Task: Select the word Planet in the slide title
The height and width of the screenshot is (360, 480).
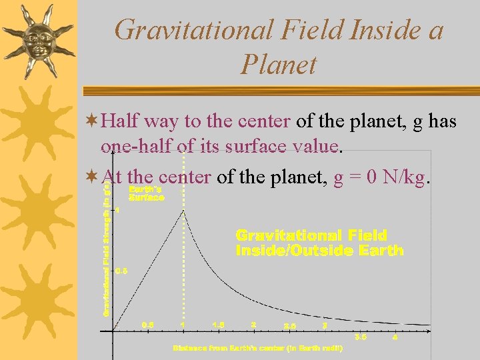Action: click(278, 65)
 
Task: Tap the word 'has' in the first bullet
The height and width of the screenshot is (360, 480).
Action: click(442, 121)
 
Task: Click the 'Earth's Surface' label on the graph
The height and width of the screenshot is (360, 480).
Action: click(146, 193)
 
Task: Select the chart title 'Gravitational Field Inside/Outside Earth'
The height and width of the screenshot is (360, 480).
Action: click(319, 243)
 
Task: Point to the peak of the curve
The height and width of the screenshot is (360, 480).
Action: click(183, 210)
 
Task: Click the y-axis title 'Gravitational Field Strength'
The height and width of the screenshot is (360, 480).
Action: click(106, 247)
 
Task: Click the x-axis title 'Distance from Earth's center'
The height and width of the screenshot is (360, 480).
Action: click(257, 348)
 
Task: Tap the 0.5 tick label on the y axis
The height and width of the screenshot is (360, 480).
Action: click(122, 271)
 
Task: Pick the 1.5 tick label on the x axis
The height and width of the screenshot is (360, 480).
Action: click(218, 325)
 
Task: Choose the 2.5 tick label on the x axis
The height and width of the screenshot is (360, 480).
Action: click(290, 327)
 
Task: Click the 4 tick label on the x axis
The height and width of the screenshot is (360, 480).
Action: click(395, 338)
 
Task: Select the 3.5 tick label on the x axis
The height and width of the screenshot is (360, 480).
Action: click(361, 337)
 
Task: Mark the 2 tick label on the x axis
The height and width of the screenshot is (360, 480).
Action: click(253, 325)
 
